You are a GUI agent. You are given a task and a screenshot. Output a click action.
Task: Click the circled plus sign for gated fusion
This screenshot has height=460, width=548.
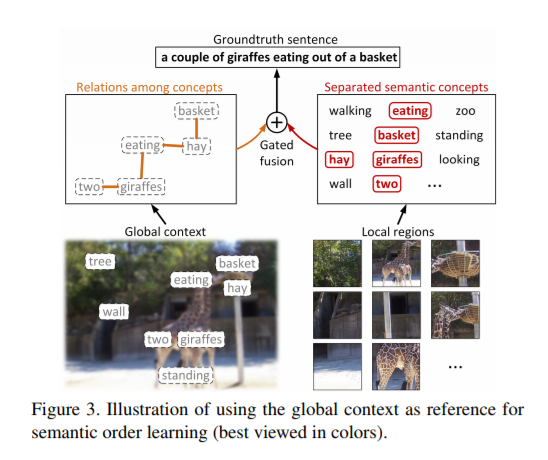pos(276,123)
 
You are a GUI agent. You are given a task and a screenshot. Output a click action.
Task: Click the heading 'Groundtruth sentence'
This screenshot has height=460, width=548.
pos(274,37)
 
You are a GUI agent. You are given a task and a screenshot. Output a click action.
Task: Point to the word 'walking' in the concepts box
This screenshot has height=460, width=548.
pos(350,111)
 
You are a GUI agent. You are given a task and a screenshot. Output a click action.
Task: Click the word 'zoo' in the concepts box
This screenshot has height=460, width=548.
pos(465,111)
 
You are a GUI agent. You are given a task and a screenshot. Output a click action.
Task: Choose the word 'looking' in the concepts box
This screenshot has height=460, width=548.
pos(459,159)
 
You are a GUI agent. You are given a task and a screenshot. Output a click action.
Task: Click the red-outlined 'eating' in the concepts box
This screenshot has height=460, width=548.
pos(409,111)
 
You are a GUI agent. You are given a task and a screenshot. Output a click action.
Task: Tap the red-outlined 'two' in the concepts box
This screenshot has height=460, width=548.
pos(387,183)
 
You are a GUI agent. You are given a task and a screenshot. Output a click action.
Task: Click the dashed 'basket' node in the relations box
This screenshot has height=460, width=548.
pos(195,110)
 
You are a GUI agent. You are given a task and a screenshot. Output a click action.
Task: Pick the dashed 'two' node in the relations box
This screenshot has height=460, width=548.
pos(90,186)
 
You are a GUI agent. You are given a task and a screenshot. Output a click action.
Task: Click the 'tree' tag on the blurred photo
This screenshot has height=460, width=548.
pos(99,261)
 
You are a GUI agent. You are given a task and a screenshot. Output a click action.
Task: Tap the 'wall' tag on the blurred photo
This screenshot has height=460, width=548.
pos(113,312)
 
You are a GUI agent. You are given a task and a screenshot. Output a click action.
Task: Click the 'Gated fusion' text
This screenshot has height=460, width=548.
pos(275,153)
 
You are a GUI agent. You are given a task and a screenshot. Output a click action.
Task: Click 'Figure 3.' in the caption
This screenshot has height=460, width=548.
pos(92,412)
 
